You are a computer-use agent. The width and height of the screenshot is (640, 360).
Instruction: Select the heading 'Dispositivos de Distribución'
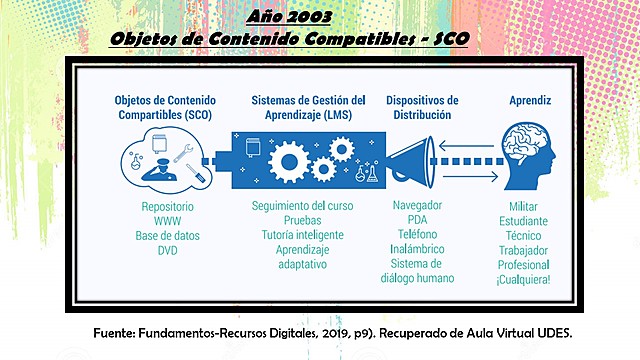(x=421, y=108)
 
